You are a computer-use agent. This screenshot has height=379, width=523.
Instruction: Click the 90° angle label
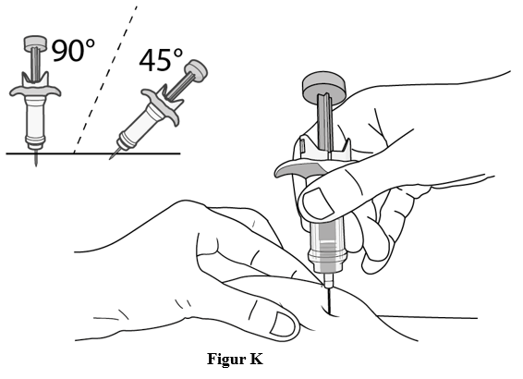[73, 50]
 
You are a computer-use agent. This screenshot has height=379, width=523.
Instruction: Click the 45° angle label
[161, 60]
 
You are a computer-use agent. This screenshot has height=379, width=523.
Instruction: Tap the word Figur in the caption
[225, 360]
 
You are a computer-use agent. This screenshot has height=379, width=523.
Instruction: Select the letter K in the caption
[256, 359]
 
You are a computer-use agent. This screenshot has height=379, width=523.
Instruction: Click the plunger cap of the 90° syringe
[35, 43]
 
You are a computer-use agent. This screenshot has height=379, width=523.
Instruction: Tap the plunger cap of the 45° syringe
[197, 70]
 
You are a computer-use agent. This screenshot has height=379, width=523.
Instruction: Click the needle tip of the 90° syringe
[36, 165]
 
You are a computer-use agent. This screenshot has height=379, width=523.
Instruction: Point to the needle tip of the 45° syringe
[110, 158]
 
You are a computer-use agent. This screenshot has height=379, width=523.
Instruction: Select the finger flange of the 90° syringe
[35, 90]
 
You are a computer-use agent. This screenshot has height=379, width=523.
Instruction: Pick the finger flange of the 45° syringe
[162, 106]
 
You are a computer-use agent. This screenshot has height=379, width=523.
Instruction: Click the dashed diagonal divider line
[105, 79]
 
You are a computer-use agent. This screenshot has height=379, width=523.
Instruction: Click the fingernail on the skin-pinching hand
[282, 324]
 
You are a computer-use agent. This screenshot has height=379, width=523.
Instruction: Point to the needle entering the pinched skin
[330, 301]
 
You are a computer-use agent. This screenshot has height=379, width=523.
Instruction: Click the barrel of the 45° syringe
[140, 127]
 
